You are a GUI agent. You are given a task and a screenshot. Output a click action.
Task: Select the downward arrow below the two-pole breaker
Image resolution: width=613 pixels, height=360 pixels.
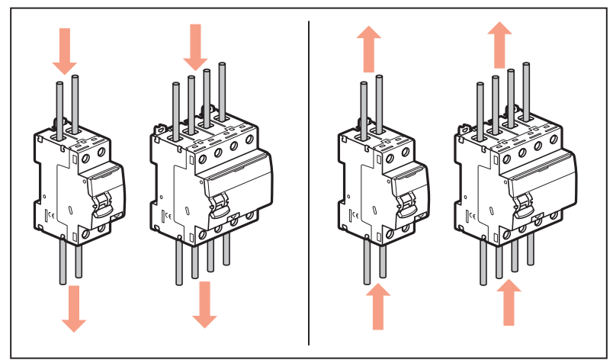tap(73, 308)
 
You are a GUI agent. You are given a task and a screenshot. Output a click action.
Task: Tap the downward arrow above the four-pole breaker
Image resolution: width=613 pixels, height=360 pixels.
tap(195, 44)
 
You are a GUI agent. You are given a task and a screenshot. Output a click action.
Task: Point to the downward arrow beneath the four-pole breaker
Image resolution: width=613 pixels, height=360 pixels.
tap(204, 304)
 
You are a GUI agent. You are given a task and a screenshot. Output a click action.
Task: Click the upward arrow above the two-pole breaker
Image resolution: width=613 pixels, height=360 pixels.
tap(369, 47)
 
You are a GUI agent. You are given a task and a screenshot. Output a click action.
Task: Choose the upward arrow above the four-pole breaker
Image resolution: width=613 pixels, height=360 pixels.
tap(500, 43)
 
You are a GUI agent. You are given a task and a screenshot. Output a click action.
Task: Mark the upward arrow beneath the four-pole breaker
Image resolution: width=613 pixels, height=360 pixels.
tap(509, 304)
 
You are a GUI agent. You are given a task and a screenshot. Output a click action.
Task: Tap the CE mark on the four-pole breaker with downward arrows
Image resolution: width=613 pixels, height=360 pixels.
tap(167, 214)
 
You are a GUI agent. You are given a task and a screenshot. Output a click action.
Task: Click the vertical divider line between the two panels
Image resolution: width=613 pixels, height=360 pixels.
tap(309, 183)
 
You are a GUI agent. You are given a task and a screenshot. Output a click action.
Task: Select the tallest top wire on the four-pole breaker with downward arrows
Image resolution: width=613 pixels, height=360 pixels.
tap(223, 92)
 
